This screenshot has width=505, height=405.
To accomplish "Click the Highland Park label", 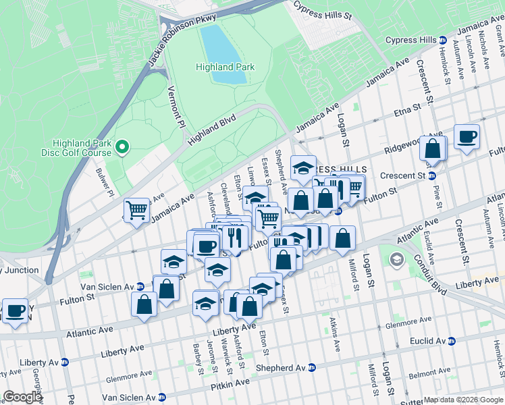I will tap(225, 67).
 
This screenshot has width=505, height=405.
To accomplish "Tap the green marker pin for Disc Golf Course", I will tap(122, 146).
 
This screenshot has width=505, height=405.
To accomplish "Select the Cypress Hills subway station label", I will tap(411, 40).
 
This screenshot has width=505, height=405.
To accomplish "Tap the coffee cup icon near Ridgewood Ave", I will tap(467, 137).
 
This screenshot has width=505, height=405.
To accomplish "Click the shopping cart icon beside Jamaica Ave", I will tap(136, 211).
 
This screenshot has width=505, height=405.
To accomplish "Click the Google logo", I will tap(22, 397).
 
